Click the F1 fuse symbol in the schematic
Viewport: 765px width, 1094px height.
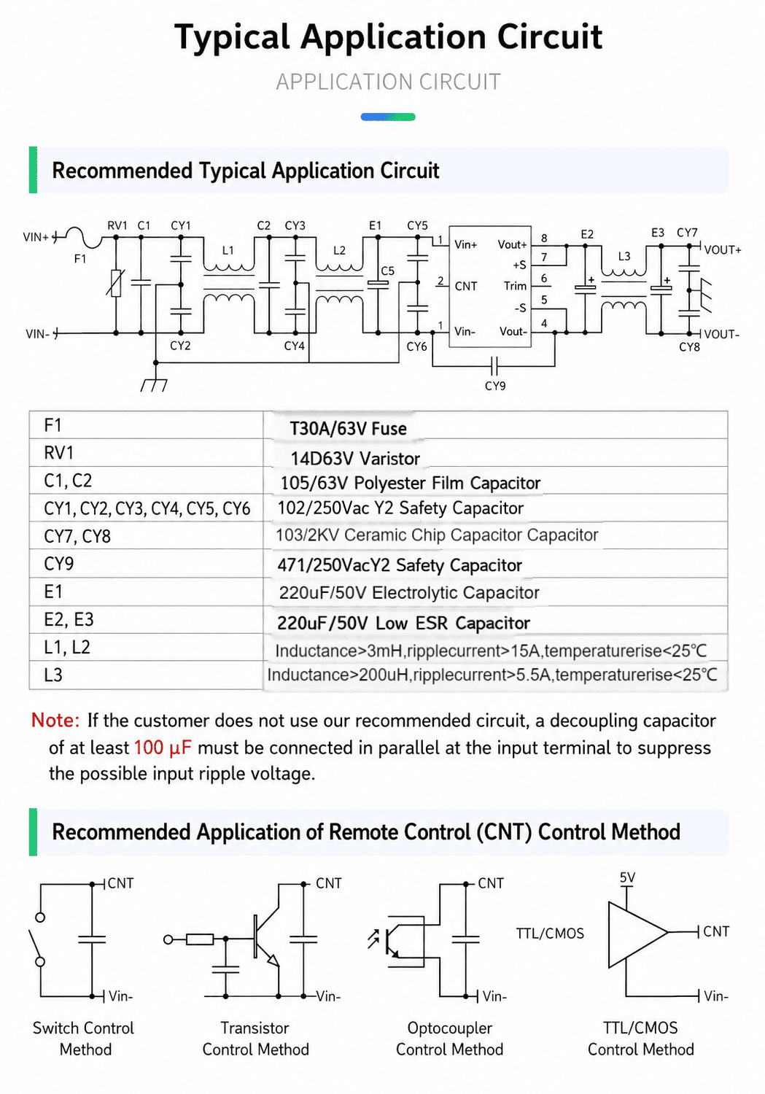click(x=83, y=238)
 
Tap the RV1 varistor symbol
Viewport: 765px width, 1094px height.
click(x=116, y=283)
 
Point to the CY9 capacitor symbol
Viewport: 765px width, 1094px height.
click(x=494, y=365)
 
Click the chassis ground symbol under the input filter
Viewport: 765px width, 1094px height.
click(x=155, y=385)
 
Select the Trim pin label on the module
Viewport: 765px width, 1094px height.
click(x=515, y=286)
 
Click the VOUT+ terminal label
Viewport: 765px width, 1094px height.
click(x=723, y=250)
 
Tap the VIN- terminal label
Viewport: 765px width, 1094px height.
click(x=38, y=335)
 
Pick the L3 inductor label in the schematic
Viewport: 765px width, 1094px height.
click(x=624, y=257)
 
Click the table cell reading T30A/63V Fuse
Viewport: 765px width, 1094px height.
click(x=348, y=429)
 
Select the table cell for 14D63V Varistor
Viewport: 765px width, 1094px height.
click(x=355, y=459)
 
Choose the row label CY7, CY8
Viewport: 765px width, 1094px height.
click(x=77, y=536)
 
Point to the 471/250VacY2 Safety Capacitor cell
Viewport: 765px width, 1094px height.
click(x=400, y=565)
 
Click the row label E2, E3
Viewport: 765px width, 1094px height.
click(x=69, y=620)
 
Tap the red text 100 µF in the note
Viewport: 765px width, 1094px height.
click(x=163, y=748)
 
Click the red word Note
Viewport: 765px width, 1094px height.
click(x=55, y=721)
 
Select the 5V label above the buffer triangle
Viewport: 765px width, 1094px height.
click(x=627, y=877)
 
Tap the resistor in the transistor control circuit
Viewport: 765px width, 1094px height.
click(x=200, y=939)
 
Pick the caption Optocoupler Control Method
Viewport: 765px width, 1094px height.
click(x=449, y=1039)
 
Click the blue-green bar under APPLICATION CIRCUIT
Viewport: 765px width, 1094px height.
click(x=388, y=117)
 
